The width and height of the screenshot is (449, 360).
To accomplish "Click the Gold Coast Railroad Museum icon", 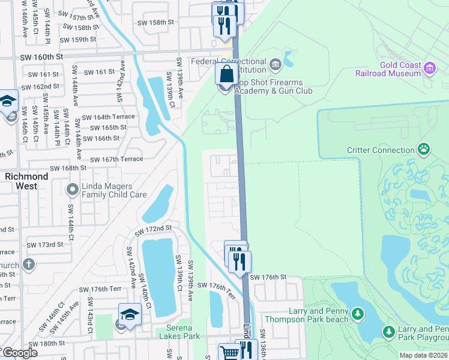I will [430, 68].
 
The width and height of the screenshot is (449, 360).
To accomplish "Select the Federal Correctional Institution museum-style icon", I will [275, 63].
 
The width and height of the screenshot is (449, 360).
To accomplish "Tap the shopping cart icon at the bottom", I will [229, 352].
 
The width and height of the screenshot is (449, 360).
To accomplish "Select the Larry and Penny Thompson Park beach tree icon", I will [358, 314].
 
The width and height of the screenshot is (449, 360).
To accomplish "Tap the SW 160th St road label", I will [41, 57].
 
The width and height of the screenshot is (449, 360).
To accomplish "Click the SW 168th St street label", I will [70, 169].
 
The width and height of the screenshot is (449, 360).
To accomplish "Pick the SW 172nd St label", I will [153, 229].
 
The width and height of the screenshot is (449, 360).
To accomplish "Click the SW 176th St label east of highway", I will [268, 277].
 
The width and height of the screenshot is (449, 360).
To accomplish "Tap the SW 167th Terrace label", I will [116, 159].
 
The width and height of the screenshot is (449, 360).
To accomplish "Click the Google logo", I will [20, 353].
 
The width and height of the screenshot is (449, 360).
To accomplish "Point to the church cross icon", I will [28, 264].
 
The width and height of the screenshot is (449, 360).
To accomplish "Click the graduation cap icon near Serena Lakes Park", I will [130, 314].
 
